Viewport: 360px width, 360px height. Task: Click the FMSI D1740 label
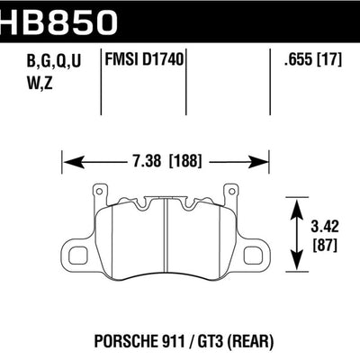coord(144,62)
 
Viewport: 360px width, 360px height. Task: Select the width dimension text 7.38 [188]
coord(166,162)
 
